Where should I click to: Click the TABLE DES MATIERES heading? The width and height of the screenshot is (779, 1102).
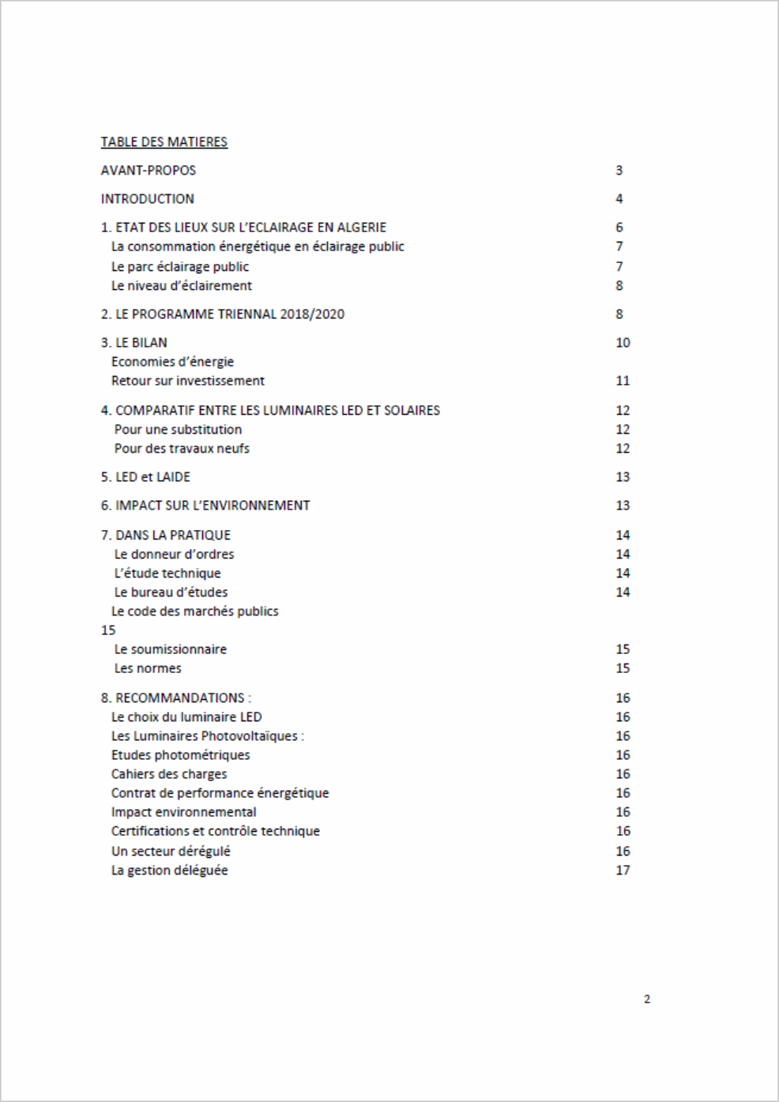point(164,142)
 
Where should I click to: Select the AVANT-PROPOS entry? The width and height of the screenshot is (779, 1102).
point(148,171)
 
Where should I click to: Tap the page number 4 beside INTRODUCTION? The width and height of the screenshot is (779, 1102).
point(619,199)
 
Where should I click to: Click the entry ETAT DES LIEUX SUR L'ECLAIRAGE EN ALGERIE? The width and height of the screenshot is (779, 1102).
point(243,228)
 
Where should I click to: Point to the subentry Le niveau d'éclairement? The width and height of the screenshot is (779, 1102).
point(181,286)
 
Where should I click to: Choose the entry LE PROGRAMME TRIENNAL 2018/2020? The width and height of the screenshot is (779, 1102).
point(222,314)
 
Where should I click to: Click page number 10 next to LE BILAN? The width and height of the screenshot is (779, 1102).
point(623,343)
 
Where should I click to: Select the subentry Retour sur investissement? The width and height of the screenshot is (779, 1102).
point(187,381)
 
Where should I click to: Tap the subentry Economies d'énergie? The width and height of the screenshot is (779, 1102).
point(172,362)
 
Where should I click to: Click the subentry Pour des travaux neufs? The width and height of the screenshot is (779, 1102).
point(182,449)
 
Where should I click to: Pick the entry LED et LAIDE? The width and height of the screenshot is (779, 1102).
point(145,477)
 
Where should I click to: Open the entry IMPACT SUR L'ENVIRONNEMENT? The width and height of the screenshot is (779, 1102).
point(205,506)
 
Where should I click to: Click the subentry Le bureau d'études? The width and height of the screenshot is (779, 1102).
point(171,592)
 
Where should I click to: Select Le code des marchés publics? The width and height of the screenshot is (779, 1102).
point(194,611)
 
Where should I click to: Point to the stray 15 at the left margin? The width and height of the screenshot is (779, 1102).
point(108,630)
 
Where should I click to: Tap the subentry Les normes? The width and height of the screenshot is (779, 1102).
point(148,668)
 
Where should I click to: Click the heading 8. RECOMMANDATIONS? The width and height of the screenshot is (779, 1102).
point(175,698)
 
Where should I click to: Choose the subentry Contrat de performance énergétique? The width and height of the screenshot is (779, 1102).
point(220,793)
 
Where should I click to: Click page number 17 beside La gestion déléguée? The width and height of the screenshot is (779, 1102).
point(623,871)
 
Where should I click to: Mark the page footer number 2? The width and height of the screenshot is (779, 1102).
point(647,999)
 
